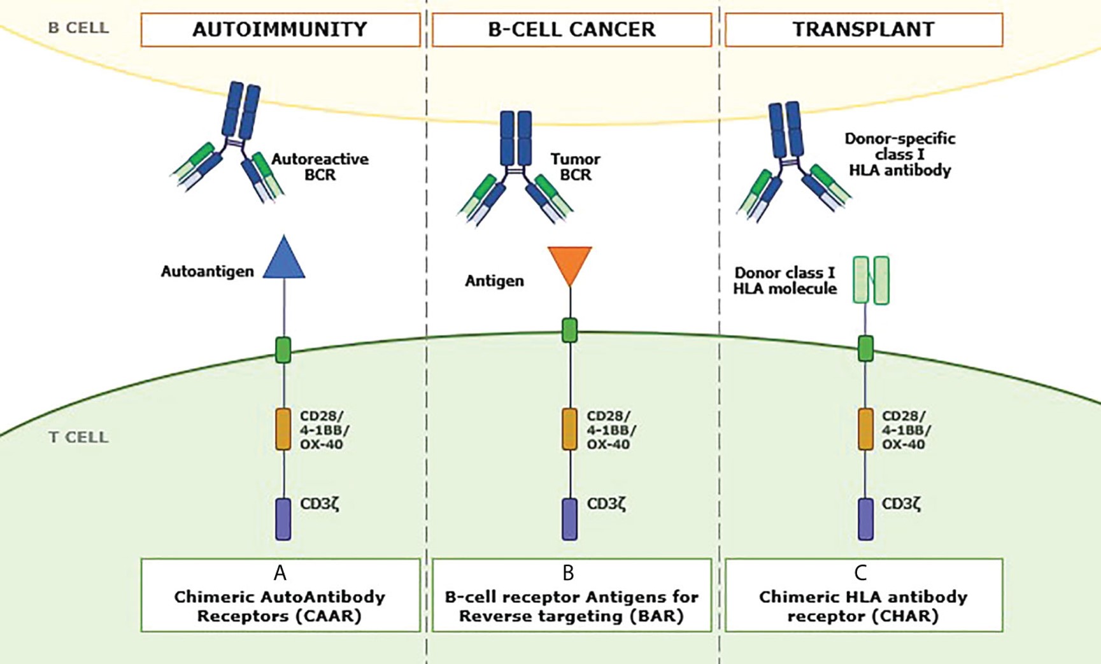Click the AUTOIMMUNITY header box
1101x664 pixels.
pos(280,30)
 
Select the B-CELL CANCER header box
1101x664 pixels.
pos(571,30)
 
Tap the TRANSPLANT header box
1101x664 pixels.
pos(863,30)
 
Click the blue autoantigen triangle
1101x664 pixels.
pos(284,260)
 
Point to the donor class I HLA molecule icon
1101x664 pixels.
pos(871,280)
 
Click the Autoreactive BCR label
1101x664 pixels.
pos(320,167)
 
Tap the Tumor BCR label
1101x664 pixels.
pos(575,167)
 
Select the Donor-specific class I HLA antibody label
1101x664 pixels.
pos(900,154)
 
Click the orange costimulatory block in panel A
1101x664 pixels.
pos(283,430)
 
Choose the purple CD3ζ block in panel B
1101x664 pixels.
pos(570,519)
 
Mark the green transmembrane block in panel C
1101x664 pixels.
pos(865,348)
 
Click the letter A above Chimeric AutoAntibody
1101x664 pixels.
pos(280,574)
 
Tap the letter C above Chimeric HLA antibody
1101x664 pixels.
pos(860,574)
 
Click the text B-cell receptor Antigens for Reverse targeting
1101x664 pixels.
pos(571,606)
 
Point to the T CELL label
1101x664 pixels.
pos(78,437)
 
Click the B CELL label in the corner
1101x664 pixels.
pos(78,28)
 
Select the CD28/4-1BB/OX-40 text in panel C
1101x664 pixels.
pos(906,430)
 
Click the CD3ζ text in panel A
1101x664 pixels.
pos(320,504)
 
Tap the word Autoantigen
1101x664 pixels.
pos(207,272)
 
